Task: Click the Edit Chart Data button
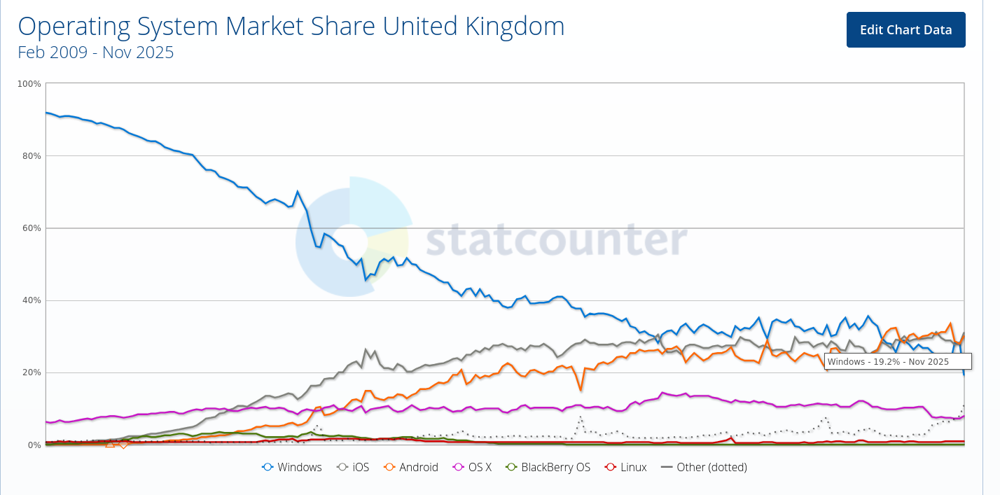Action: pyautogui.click(x=905, y=30)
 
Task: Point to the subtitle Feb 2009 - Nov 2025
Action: pyautogui.click(x=95, y=53)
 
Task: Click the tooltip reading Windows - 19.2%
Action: pyautogui.click(x=898, y=361)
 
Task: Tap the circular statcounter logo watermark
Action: pyautogui.click(x=352, y=236)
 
